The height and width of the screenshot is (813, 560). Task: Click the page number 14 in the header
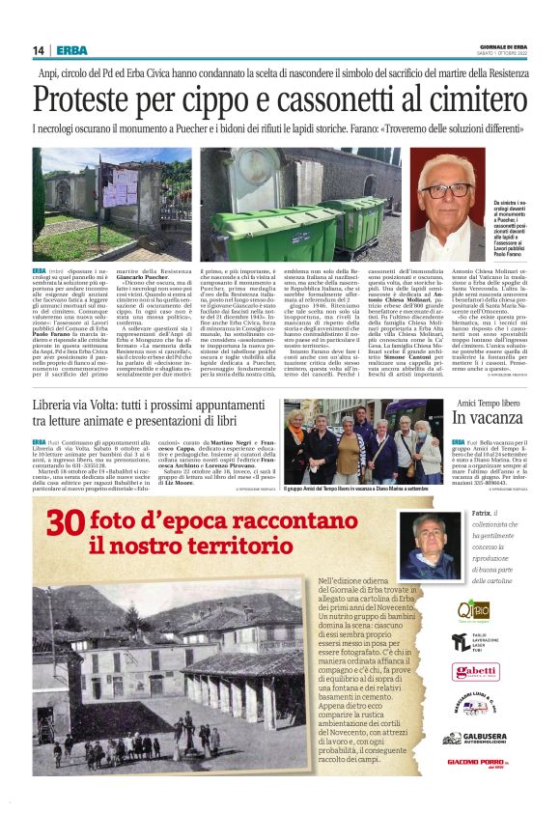(x=39, y=50)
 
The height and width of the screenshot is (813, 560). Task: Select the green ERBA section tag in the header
(x=70, y=50)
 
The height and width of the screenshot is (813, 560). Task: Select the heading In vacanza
(x=489, y=417)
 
